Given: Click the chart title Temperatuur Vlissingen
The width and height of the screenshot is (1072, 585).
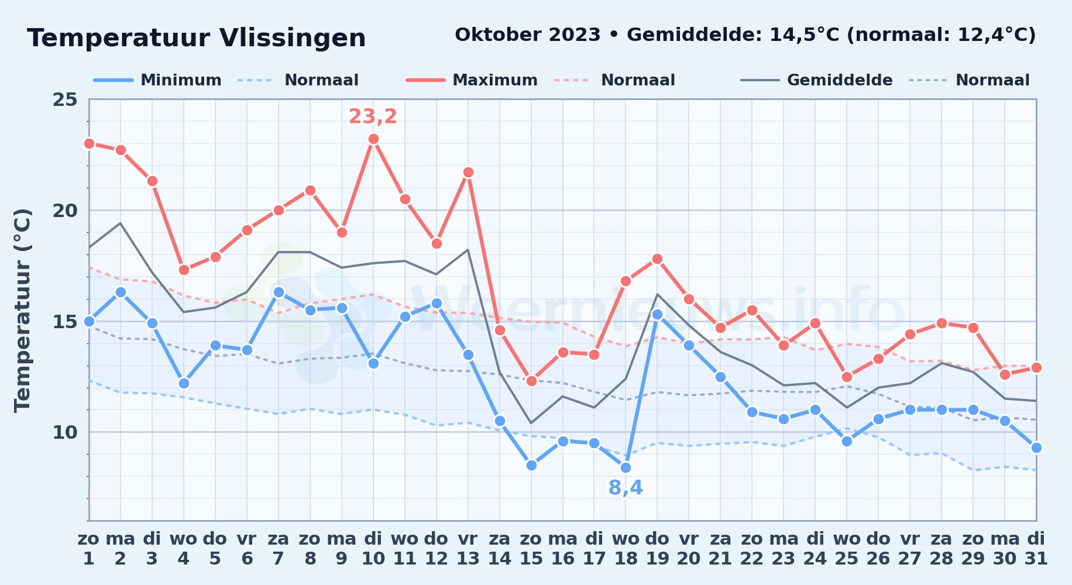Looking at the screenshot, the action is coord(197,38).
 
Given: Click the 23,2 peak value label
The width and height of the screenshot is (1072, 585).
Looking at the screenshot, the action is coord(373,116).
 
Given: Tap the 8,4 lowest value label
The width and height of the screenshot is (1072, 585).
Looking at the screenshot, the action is coord(626,487).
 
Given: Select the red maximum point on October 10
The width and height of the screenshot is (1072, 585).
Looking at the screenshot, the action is coord(373,139).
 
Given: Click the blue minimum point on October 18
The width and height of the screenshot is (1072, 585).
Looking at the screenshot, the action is coord(626,467).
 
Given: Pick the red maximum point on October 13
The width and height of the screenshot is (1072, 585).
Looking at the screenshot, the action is coord(468,173).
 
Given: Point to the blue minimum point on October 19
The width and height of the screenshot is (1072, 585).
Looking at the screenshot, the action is coord(657,314).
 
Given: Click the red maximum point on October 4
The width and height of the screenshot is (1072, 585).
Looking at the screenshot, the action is coord(184,270).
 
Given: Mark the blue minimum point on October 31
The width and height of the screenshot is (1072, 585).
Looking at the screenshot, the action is coord(1036,448).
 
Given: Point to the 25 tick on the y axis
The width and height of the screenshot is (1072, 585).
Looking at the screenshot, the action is coord(65,99).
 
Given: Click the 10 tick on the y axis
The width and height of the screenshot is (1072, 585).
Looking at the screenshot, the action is coord(65,432).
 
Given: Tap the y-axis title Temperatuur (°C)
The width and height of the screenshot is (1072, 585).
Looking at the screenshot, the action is coord(22,310).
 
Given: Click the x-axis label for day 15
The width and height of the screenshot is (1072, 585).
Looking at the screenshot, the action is coord(531,548).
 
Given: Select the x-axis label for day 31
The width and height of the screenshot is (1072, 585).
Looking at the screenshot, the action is coord(1036,548).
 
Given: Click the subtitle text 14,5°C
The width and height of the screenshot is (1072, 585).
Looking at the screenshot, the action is coord(805,35).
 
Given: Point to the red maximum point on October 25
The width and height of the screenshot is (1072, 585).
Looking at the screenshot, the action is coord(847,377).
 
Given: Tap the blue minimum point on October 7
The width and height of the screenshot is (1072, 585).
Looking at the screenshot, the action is coord(279,292).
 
